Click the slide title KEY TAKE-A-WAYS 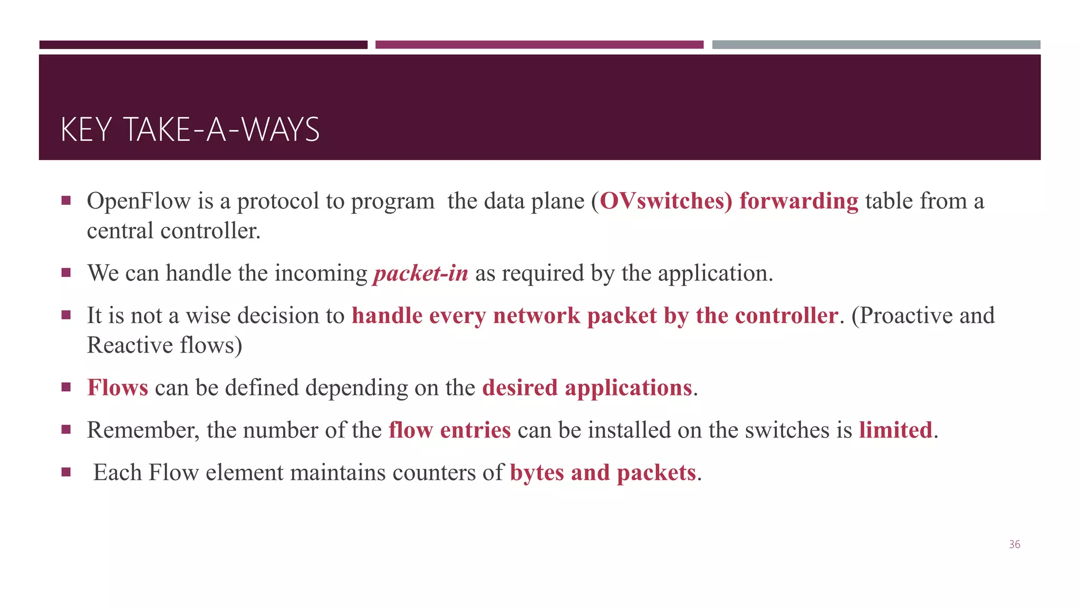point(190,130)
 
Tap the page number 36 point(1014,545)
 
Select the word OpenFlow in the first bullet point(139,201)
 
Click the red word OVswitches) point(666,201)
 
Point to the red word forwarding point(798,201)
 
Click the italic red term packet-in point(420,273)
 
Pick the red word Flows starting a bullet point(118,388)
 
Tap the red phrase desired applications point(586,388)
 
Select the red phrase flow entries point(449,430)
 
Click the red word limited point(895,430)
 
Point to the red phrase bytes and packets point(603,473)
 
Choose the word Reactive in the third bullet point(130,345)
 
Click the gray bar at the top point(876,45)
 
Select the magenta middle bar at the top point(539,45)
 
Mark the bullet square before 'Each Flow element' point(66,472)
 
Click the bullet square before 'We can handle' point(66,273)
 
